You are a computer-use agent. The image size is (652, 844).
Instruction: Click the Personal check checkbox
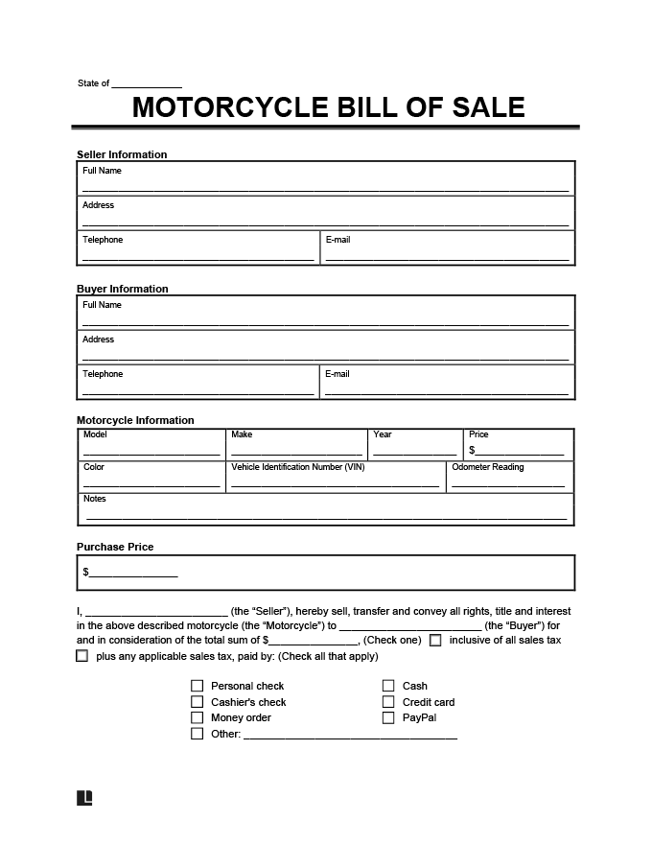pos(198,686)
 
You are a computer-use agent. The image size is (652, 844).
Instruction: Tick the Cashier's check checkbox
pos(198,702)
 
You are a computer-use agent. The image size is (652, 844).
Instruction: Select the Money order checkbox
pos(198,717)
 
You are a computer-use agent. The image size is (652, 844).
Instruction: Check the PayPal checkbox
pos(388,717)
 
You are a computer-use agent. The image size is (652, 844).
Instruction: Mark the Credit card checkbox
pos(388,702)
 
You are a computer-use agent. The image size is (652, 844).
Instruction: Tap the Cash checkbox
pos(388,686)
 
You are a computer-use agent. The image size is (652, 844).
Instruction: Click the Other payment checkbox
pos(198,734)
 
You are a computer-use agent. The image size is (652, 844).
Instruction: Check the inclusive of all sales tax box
pos(435,640)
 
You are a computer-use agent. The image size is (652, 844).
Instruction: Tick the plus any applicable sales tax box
pos(81,656)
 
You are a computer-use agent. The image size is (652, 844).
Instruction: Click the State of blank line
pos(147,85)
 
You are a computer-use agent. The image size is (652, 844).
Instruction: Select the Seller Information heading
pos(122,154)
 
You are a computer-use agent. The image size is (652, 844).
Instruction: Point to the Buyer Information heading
pos(122,289)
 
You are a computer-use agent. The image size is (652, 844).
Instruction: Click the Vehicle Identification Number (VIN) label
pos(297,467)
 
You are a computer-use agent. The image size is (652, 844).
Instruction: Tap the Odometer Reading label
pos(488,467)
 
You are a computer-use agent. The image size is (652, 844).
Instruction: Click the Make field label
pos(242,434)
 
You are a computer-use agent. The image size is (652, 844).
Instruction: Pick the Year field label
pos(383,434)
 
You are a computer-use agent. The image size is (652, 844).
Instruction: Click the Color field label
pos(94,467)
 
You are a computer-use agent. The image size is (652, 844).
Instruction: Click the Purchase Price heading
pos(115,547)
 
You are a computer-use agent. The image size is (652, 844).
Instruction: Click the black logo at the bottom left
pos(84,798)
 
